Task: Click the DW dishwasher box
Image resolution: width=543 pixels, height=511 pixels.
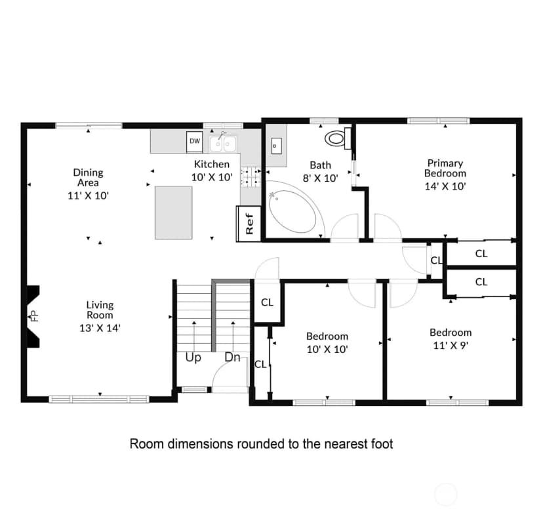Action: [x=195, y=142]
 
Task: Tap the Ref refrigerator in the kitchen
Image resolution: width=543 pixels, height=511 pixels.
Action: [x=249, y=224]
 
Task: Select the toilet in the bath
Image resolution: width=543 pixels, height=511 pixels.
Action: [x=338, y=138]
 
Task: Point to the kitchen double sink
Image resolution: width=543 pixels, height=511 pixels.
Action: [x=223, y=144]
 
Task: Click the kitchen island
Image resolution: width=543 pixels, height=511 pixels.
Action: [x=174, y=213]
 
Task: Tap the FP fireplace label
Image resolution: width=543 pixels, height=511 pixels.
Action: [x=34, y=316]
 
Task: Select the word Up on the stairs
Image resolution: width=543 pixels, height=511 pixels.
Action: [x=193, y=358]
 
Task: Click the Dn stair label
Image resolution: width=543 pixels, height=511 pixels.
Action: [x=232, y=358]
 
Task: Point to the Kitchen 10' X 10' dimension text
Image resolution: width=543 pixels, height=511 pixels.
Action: [x=212, y=177]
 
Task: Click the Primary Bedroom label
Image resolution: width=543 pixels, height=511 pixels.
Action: [x=445, y=168]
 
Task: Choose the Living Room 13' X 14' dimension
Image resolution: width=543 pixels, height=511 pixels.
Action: [x=100, y=328]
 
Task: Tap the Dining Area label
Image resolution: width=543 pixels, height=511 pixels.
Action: [x=89, y=177]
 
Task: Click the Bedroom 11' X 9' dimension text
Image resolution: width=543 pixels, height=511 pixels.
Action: [x=451, y=346]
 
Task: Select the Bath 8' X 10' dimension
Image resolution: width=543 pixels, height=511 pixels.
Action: [x=320, y=178]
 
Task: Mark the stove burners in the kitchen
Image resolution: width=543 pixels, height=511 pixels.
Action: [x=251, y=176]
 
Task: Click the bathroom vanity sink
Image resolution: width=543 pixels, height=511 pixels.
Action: [x=276, y=146]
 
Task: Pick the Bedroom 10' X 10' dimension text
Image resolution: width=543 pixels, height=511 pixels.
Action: [x=327, y=349]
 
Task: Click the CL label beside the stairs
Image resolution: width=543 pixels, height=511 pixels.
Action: [x=267, y=302]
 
